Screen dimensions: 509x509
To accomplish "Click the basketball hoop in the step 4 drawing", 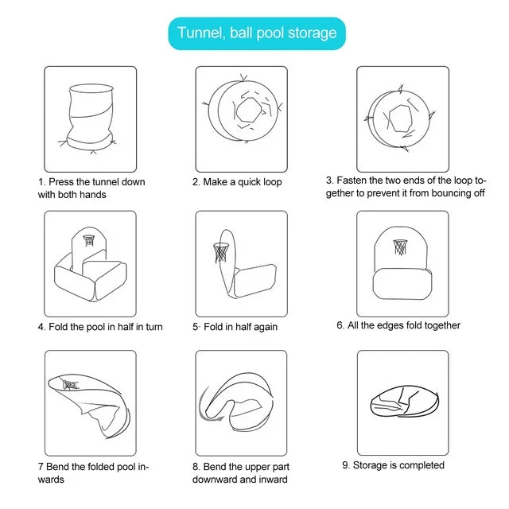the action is (89, 240).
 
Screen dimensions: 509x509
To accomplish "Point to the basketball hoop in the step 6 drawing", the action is (400, 247).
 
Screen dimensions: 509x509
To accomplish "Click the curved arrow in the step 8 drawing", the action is (204, 406).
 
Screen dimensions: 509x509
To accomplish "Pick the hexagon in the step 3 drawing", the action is (401, 119).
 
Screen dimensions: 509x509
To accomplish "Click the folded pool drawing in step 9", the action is (405, 401).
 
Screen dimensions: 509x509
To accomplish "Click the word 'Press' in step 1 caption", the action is (60, 182).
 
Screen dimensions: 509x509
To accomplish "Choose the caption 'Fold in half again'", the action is (240, 327).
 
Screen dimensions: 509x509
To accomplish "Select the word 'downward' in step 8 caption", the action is (215, 480).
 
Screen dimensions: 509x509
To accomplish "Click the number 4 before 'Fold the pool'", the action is (41, 327).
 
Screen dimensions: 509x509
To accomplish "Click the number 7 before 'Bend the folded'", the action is (41, 467).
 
